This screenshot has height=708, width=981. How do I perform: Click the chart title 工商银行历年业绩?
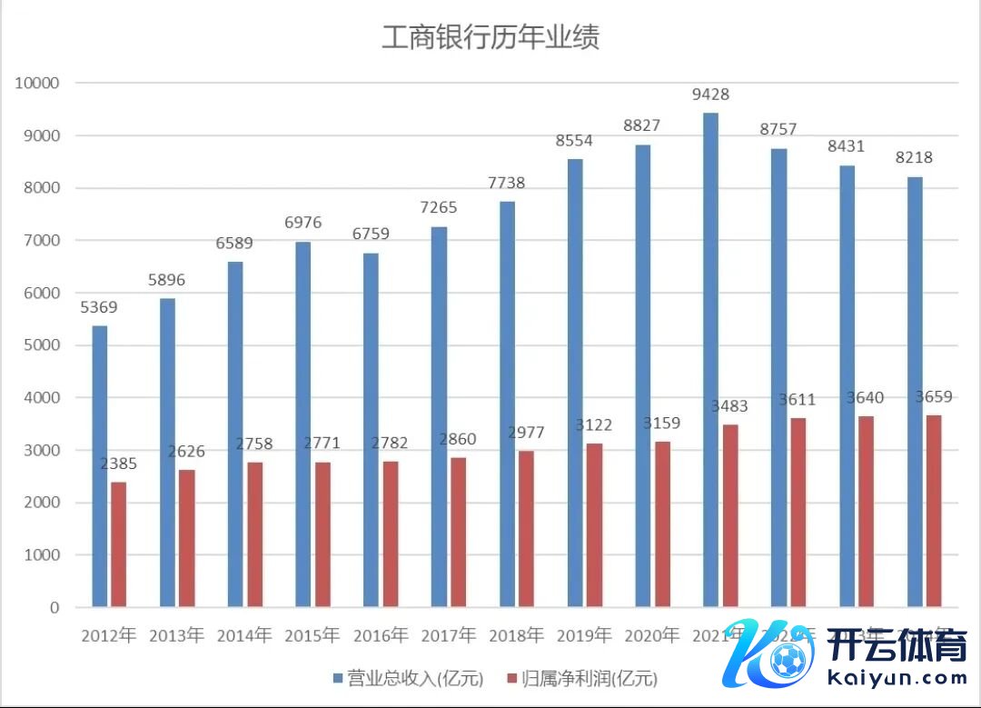tap(490, 38)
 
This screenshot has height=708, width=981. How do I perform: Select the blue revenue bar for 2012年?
tap(100, 465)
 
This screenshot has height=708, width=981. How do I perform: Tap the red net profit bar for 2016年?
tap(391, 533)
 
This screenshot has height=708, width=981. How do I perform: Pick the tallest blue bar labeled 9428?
tap(711, 359)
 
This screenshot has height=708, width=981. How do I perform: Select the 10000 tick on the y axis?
tap(37, 83)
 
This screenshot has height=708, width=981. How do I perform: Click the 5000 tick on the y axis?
tap(37, 345)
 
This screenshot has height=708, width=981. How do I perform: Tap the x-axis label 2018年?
tap(516, 634)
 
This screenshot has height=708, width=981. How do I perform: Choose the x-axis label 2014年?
tap(244, 634)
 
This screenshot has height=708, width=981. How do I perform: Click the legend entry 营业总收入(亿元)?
tap(408, 678)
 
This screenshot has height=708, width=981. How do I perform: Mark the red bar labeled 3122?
tap(594, 524)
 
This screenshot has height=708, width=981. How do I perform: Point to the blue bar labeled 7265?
tap(440, 416)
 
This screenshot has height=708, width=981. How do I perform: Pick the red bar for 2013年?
tap(186, 537)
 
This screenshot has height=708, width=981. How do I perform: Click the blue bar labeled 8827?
tap(643, 375)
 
